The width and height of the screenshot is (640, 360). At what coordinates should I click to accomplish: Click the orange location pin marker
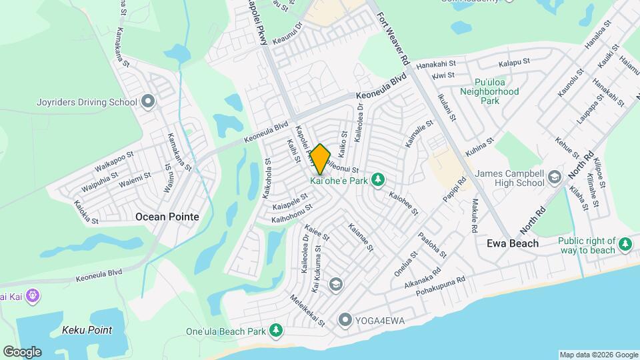[x=320, y=159]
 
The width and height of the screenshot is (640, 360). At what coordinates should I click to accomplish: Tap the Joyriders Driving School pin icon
[x=148, y=102]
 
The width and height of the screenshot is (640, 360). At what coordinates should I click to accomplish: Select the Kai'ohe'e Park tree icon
[x=378, y=179]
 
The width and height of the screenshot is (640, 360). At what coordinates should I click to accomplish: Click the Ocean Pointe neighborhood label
[x=167, y=217]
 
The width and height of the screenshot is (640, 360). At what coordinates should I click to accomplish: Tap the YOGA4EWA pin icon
[x=345, y=321]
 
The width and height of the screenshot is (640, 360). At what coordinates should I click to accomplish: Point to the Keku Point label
[x=87, y=330]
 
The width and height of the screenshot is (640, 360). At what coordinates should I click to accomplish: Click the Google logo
[x=21, y=352]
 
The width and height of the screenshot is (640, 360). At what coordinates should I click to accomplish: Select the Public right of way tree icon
[x=625, y=245]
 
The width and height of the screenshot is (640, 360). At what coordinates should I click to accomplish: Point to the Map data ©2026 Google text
[x=597, y=355]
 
